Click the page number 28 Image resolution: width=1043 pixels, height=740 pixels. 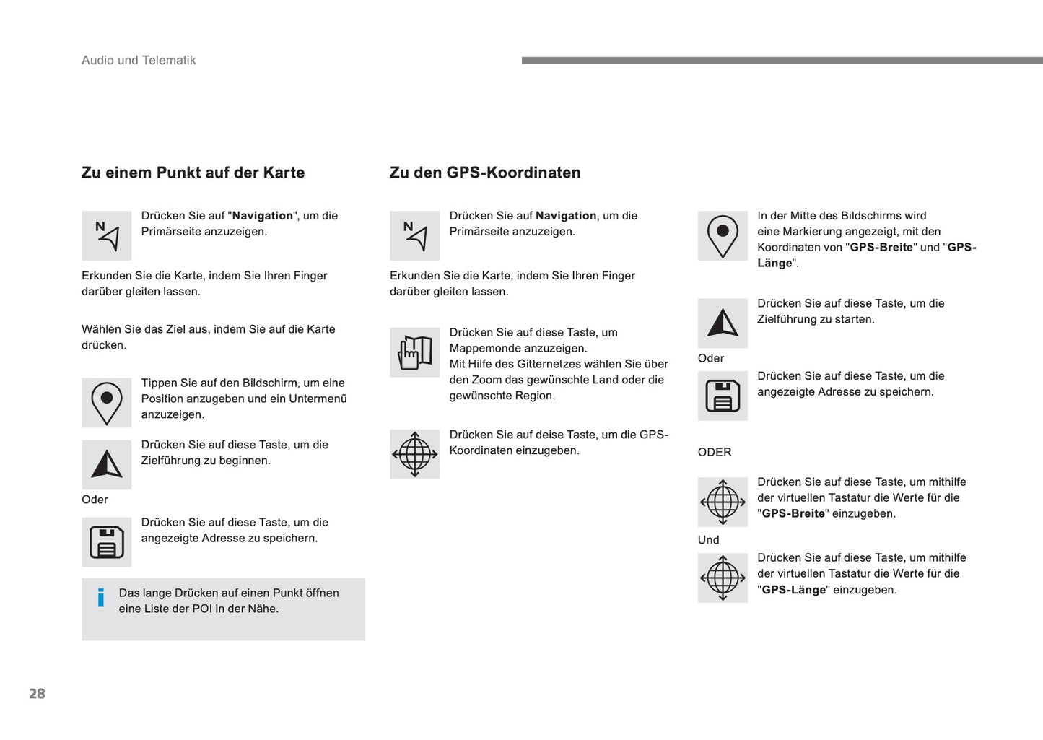click(x=37, y=694)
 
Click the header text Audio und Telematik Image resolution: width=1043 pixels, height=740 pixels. click(x=139, y=61)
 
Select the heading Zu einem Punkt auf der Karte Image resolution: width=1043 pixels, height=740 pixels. click(x=193, y=173)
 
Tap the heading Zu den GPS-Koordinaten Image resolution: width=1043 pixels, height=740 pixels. click(x=485, y=173)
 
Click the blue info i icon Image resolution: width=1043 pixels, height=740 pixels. click(x=101, y=598)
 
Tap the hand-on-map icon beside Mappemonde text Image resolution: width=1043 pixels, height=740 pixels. click(x=415, y=352)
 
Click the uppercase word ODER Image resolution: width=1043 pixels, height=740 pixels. click(x=715, y=453)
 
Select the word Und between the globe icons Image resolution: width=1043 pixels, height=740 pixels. click(x=708, y=540)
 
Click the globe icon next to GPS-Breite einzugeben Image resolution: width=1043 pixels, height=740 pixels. click(x=723, y=502)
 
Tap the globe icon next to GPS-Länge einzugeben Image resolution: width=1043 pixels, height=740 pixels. click(x=723, y=578)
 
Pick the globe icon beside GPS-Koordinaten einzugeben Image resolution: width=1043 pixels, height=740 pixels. click(x=415, y=454)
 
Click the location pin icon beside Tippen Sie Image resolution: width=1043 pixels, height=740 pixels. click(x=107, y=402)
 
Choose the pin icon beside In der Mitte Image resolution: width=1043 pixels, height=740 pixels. click(x=723, y=235)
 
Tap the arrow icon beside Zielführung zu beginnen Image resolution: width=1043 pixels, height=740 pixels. click(x=107, y=464)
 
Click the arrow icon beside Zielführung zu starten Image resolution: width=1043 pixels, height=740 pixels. click(x=723, y=323)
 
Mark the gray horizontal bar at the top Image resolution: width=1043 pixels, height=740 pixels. click(x=782, y=61)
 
